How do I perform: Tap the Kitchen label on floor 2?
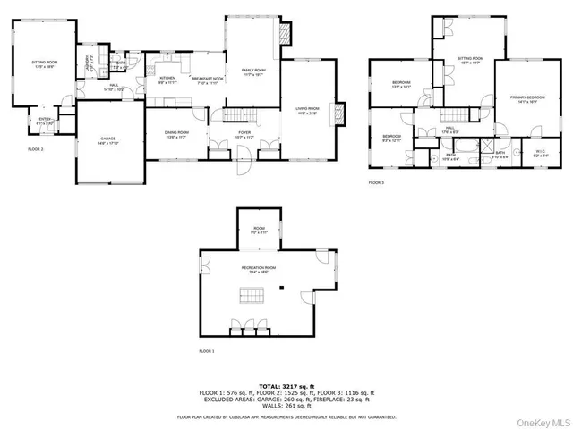[x=167, y=80]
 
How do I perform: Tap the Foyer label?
[x=244, y=134]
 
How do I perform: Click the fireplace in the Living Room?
[x=338, y=115]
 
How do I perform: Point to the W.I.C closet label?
[x=540, y=153]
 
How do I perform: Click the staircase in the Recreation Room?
[x=251, y=296]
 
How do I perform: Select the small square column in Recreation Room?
[x=282, y=288]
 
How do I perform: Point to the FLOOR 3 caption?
[x=375, y=182]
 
